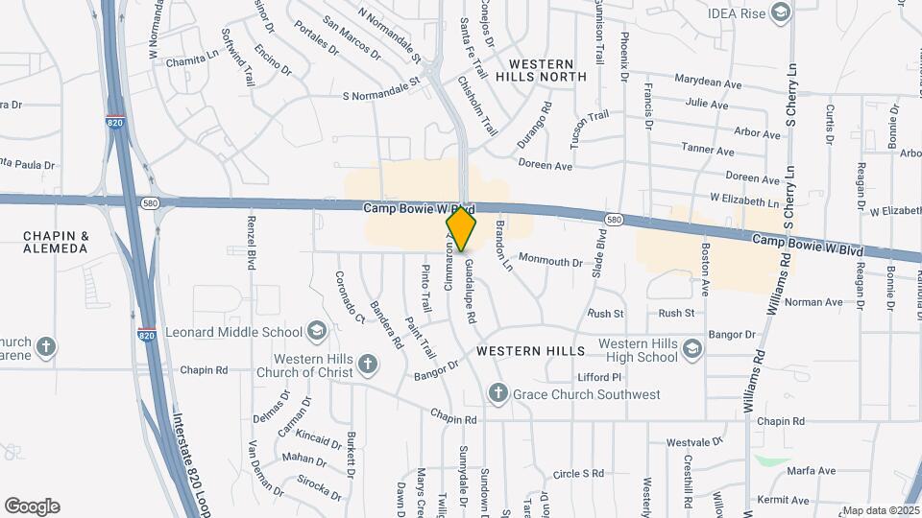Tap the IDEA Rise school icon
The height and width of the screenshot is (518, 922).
pyautogui.click(x=779, y=12)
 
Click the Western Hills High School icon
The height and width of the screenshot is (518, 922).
pyautogui.click(x=691, y=350)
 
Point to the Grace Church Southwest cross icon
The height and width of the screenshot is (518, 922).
pyautogui.click(x=497, y=393)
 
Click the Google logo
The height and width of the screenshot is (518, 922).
pyautogui.click(x=32, y=506)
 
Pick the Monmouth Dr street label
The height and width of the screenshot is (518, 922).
pyautogui.click(x=550, y=260)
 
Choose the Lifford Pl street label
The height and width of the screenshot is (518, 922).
pyautogui.click(x=600, y=377)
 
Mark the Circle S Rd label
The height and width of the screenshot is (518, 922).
pyautogui.click(x=578, y=473)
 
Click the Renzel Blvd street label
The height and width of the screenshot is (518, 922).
pyautogui.click(x=251, y=244)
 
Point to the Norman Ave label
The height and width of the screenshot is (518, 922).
pyautogui.click(x=813, y=302)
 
